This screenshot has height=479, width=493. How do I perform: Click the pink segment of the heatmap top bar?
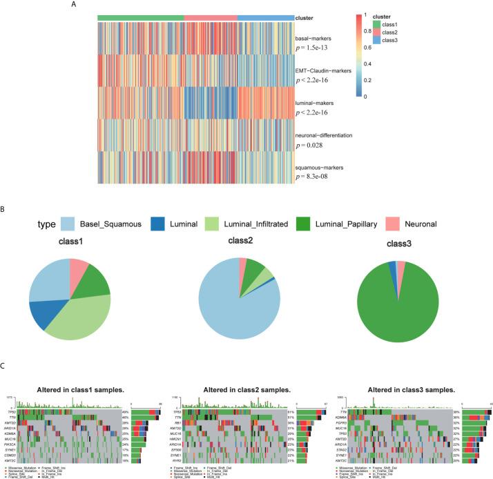(x=211, y=17)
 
